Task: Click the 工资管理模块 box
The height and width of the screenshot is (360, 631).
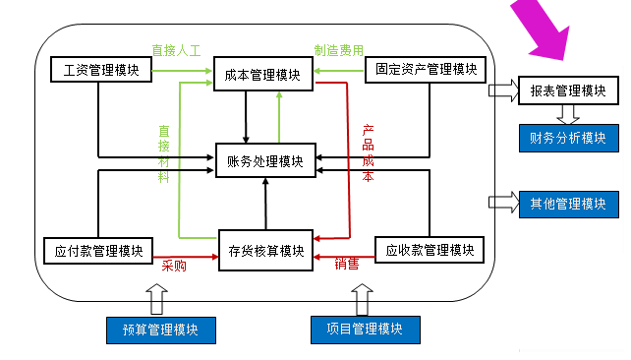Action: click(x=100, y=70)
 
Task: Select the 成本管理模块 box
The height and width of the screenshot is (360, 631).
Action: click(x=263, y=73)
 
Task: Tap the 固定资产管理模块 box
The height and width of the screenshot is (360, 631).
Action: click(x=426, y=70)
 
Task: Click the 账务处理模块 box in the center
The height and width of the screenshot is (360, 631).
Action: click(x=264, y=161)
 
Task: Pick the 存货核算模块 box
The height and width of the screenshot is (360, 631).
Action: click(x=264, y=250)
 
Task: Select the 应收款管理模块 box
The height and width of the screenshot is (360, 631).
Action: click(x=430, y=250)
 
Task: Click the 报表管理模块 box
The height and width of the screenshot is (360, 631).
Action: click(x=568, y=90)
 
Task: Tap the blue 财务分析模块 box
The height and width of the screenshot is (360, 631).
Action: click(x=568, y=137)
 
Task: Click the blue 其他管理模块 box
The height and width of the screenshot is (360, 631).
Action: click(x=568, y=204)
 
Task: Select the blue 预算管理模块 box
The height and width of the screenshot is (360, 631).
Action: click(x=160, y=330)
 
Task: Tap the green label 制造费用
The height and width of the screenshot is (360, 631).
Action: click(x=338, y=48)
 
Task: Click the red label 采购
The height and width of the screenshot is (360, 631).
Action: click(x=174, y=266)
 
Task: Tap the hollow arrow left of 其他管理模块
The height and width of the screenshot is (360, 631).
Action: click(x=503, y=203)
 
